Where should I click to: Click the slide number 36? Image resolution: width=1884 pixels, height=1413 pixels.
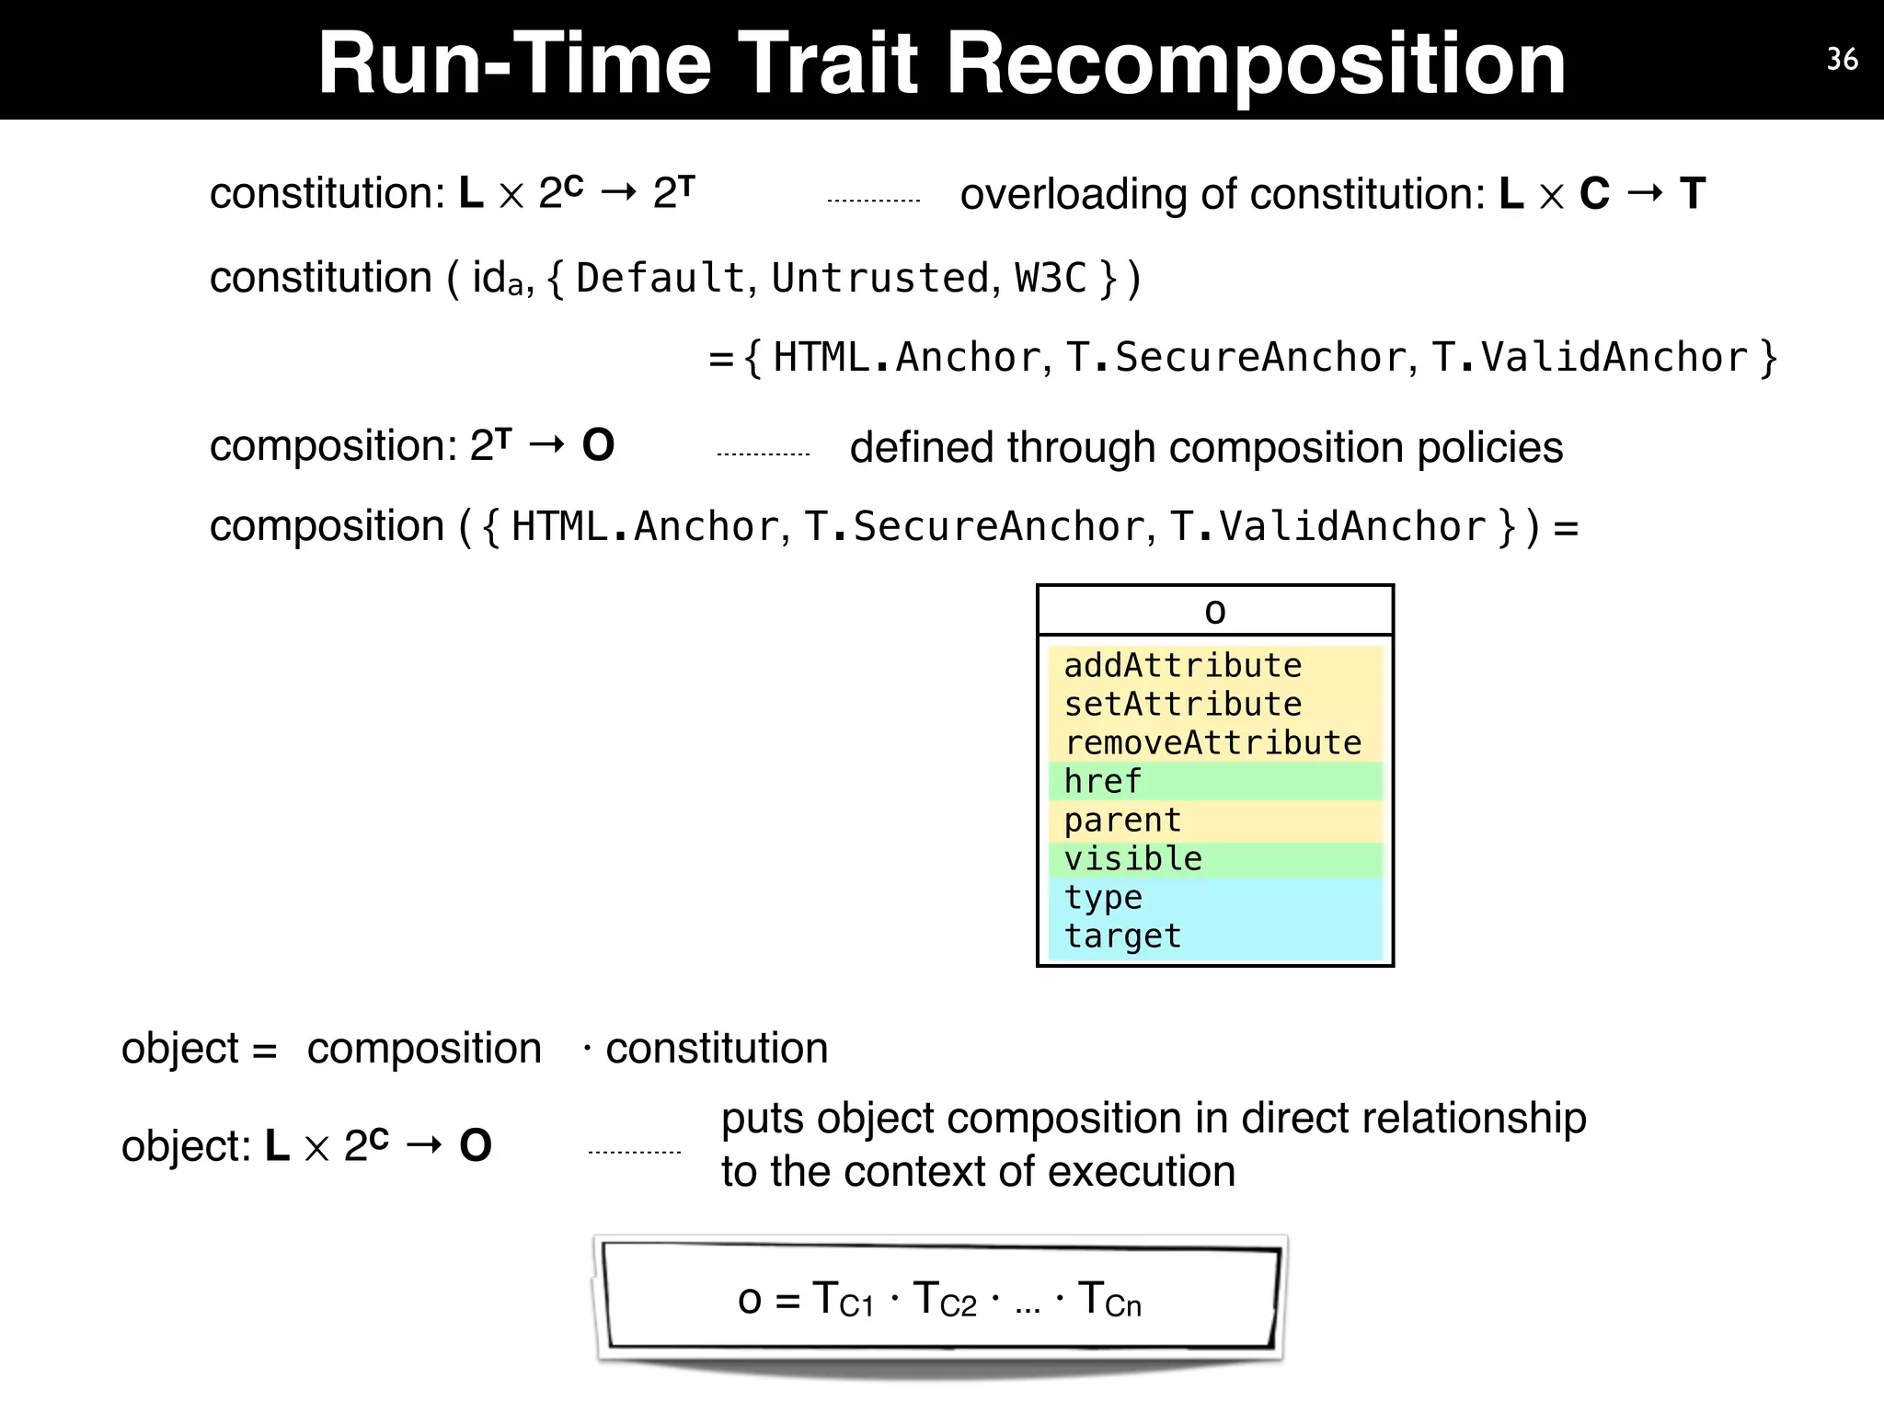1842,60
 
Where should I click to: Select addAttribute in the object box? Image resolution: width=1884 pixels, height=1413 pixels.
1182,665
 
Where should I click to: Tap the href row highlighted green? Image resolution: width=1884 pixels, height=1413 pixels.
1102,781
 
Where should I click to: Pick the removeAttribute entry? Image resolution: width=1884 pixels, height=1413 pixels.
1212,742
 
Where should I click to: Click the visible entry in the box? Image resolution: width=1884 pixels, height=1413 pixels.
1132,858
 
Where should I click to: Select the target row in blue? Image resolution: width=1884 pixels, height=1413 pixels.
1122,936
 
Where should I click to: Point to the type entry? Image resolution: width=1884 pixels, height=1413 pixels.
1103,897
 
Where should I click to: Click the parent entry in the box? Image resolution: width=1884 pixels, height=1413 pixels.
1122,820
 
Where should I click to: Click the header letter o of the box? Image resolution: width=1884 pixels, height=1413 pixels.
1214,612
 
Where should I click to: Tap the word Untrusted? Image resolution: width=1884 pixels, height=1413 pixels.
879,278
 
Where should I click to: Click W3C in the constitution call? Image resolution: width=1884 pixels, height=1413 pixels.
1051,278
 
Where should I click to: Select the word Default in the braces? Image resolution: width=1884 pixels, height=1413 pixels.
660,278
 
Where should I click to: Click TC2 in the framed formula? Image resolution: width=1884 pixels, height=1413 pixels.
945,1300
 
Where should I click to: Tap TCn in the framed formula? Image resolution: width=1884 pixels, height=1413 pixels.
1109,1300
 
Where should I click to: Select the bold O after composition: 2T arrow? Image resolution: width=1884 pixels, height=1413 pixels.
598,446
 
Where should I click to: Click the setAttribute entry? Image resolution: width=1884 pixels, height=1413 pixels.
1182,704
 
